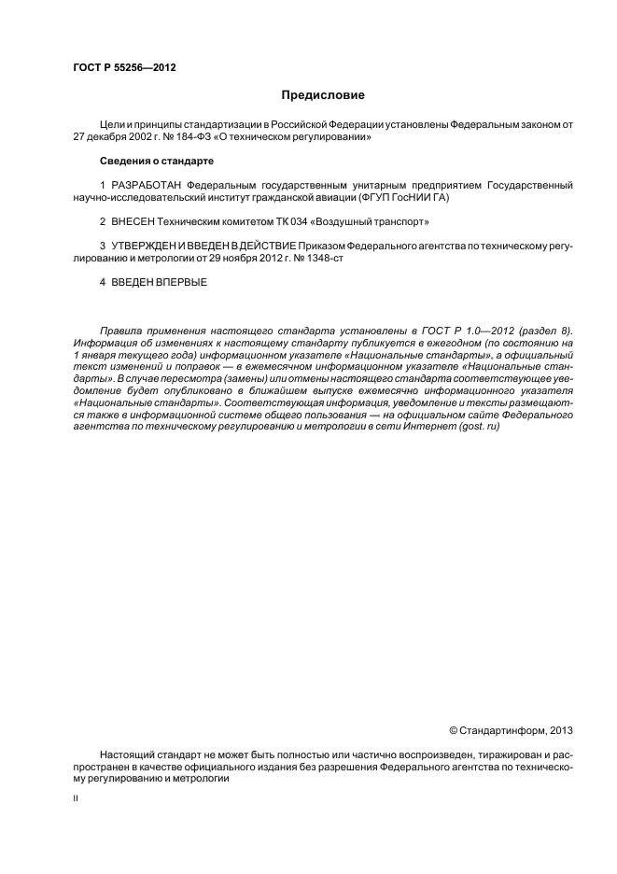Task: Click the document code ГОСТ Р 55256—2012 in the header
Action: pos(124,68)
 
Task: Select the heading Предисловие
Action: pos(323,95)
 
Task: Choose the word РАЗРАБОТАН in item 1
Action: pos(147,185)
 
